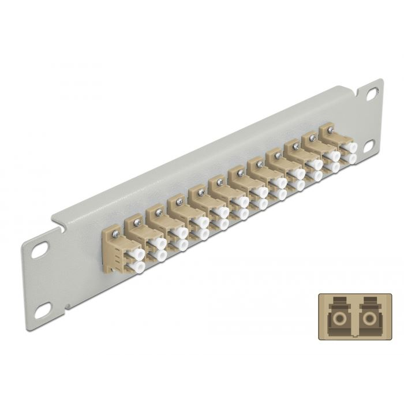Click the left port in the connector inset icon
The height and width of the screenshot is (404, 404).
pyautogui.click(x=336, y=315)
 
